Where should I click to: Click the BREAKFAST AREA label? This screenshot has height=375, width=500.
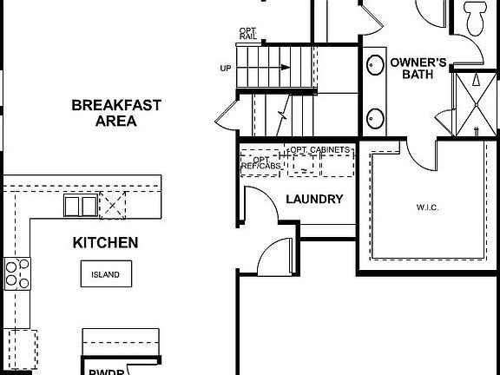point(115,113)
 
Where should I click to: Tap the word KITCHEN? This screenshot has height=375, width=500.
point(105,243)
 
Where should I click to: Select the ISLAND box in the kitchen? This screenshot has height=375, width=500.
point(106,275)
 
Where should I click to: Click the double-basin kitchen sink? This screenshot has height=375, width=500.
point(80,206)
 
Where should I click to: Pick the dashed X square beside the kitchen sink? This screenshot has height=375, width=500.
point(113,206)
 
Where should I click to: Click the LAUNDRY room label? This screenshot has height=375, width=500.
point(314,199)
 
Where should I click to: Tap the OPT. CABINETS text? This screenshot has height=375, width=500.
point(320,150)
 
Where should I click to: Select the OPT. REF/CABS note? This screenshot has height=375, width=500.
point(259,163)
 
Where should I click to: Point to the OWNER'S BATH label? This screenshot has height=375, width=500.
point(418,68)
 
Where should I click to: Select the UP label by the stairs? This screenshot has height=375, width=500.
point(225,69)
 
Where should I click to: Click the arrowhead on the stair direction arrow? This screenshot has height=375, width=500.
point(287,68)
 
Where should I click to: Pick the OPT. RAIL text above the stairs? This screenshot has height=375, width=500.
point(248,34)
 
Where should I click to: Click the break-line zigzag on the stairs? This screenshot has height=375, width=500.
point(282,114)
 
